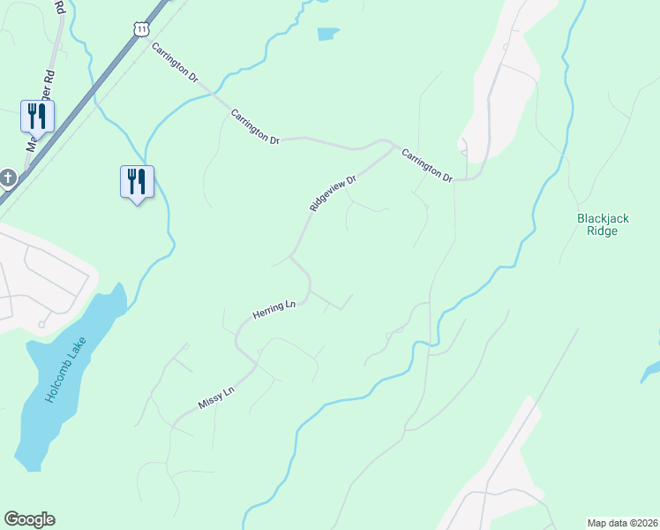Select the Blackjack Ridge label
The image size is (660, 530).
[x=609, y=224]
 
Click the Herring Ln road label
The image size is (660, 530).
[x=273, y=310]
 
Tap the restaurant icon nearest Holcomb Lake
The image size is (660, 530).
[x=137, y=181]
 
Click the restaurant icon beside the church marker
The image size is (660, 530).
[x=37, y=116]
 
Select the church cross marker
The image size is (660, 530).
[x=7, y=178]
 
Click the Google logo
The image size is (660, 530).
[x=29, y=519]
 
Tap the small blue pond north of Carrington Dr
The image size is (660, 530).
[x=327, y=34]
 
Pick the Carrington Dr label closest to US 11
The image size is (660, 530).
[x=175, y=63]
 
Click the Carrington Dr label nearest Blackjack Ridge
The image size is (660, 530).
[x=427, y=166]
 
